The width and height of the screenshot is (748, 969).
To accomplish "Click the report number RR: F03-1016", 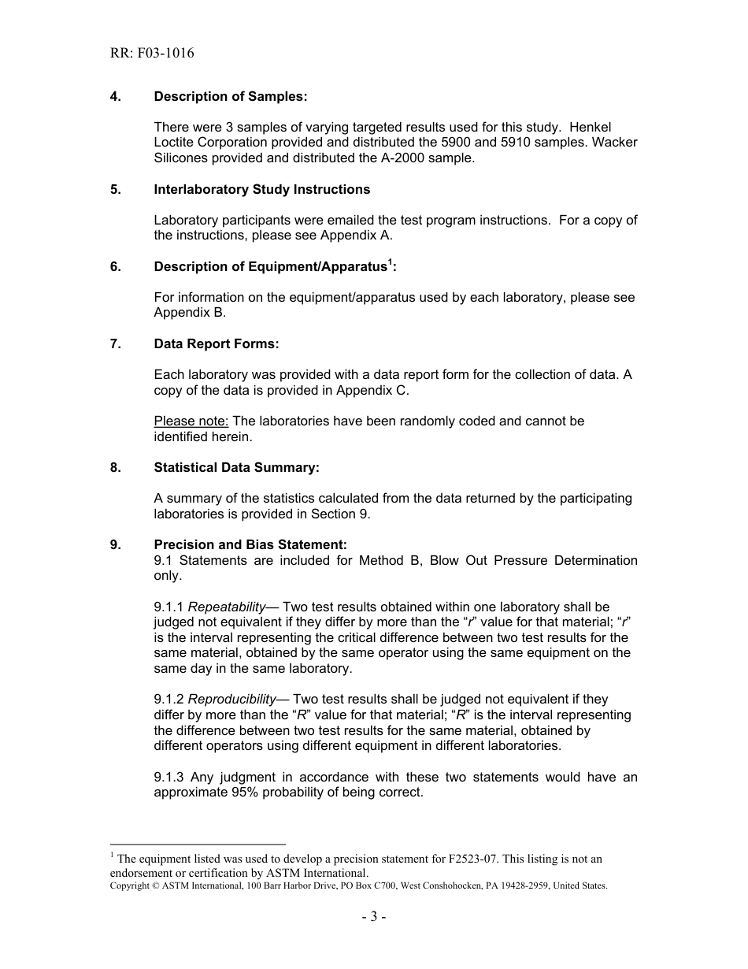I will [152, 54].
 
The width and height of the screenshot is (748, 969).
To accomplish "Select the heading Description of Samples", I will [230, 96].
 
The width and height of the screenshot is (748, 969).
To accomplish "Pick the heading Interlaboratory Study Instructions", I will [261, 189].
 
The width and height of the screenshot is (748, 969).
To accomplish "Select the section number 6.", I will [115, 266].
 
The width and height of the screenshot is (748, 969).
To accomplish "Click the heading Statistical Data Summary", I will [236, 467].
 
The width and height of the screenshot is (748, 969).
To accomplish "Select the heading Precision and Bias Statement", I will [250, 544].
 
